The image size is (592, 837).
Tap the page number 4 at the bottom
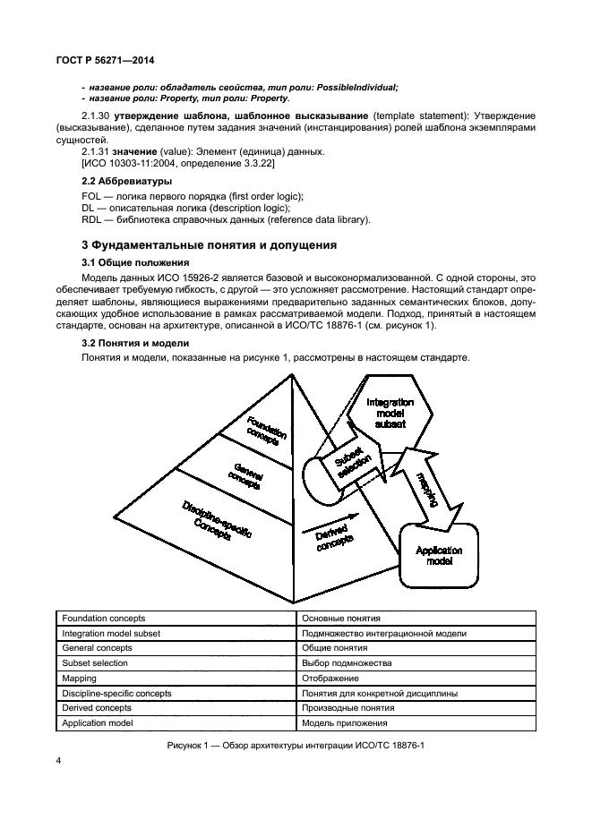[58, 761]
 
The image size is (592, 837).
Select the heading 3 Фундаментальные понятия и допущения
[204, 244]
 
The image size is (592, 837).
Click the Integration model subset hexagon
[390, 414]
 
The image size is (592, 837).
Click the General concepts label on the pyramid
[246, 474]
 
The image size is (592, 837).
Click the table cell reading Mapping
[80, 678]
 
